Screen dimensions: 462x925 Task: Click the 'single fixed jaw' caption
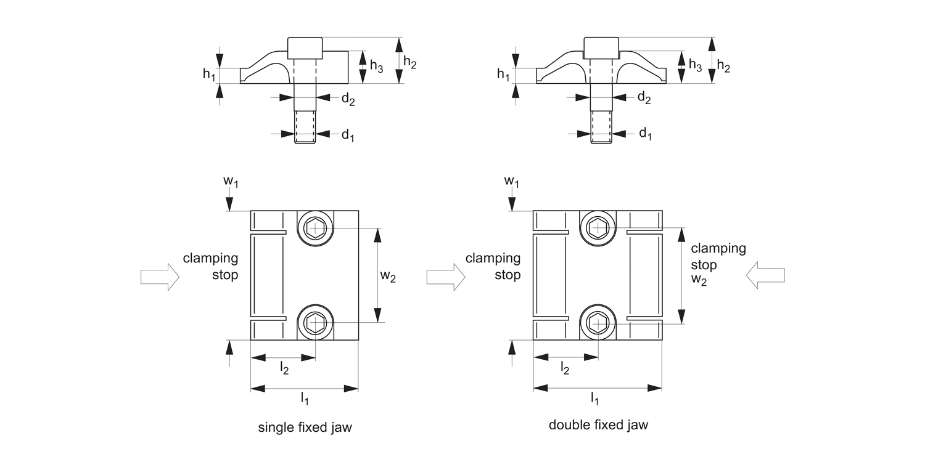(x=305, y=428)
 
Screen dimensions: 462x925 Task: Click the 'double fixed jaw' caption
(x=598, y=425)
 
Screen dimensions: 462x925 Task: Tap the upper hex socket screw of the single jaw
(x=315, y=229)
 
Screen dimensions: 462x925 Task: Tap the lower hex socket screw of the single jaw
(x=315, y=322)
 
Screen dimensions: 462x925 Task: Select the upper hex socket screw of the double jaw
(x=598, y=229)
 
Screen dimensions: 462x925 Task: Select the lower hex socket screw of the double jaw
(x=598, y=322)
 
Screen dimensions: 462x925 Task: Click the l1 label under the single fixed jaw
(x=305, y=400)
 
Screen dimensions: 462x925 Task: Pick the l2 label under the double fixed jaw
(x=564, y=368)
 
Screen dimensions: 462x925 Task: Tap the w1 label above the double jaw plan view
(x=511, y=181)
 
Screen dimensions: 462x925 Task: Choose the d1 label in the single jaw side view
(x=348, y=135)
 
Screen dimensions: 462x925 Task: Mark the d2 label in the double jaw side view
(x=644, y=97)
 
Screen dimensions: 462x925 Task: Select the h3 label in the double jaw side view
(x=695, y=65)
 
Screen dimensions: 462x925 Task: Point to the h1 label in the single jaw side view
(x=209, y=75)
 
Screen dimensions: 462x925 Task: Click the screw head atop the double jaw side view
(x=601, y=47)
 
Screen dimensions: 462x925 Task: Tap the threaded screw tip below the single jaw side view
(x=305, y=127)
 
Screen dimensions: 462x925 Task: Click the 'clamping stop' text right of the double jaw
(x=718, y=257)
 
